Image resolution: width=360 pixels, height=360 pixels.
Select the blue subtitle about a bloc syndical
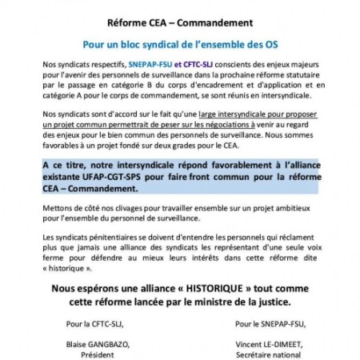(179, 46)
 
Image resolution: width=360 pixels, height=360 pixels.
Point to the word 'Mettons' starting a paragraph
(57, 204)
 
